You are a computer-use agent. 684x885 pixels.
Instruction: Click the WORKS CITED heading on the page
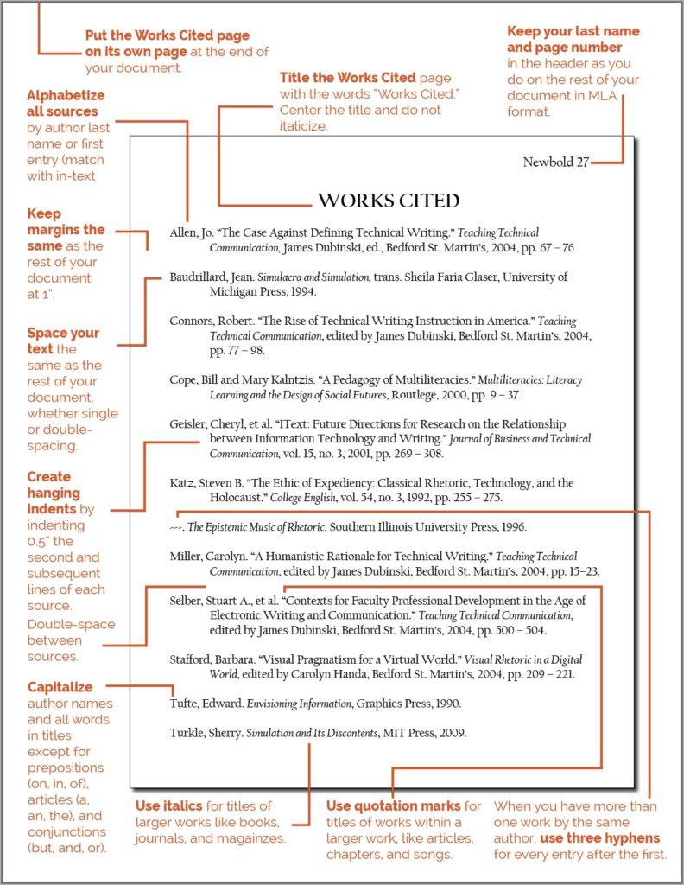tap(389, 201)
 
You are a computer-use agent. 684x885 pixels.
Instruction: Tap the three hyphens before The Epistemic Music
tap(176, 526)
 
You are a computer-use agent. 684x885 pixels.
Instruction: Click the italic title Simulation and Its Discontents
tap(312, 733)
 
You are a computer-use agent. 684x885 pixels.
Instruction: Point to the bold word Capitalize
tap(60, 687)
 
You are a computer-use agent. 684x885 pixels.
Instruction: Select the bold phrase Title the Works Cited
tap(347, 78)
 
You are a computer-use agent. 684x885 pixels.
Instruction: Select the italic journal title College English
tap(302, 498)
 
